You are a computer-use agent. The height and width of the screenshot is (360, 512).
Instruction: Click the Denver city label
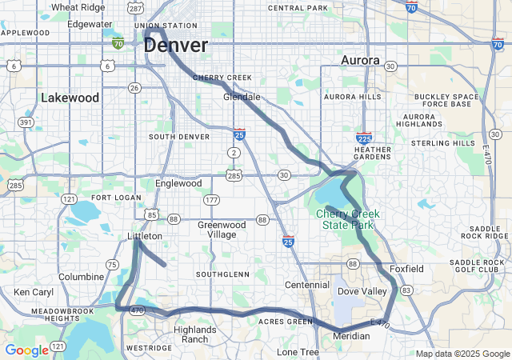click(x=176, y=46)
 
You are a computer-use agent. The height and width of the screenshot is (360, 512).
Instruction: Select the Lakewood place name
click(x=70, y=98)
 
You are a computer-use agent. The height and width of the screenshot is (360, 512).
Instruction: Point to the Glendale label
click(x=242, y=97)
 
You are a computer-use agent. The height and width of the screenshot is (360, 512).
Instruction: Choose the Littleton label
click(x=145, y=237)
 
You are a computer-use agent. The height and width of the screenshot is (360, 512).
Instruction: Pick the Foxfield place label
click(x=406, y=269)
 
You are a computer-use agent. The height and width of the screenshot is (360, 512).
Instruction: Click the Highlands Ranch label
click(x=195, y=334)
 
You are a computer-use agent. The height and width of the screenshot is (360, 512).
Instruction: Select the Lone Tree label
click(x=298, y=352)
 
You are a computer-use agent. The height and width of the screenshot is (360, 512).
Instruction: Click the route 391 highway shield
click(x=26, y=122)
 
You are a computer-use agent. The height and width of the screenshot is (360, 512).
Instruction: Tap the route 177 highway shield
click(x=211, y=199)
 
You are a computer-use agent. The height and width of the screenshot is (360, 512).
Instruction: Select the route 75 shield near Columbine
click(x=113, y=264)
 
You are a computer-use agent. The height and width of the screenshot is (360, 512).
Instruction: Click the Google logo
click(x=26, y=350)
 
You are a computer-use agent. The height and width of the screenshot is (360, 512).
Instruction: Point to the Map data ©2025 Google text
click(x=462, y=354)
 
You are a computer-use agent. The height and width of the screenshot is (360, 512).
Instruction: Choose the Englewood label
click(x=178, y=183)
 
